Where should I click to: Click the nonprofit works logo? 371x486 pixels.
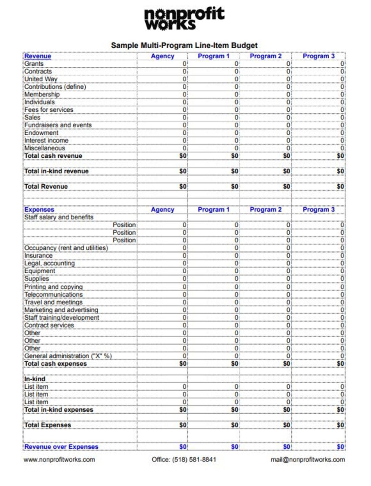point(184,19)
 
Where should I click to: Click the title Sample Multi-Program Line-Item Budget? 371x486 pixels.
point(184,45)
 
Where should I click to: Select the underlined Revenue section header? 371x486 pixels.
point(38,56)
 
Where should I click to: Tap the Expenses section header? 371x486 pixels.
point(39,210)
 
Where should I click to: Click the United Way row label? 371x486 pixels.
point(41,79)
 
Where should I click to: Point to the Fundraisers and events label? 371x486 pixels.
point(58,125)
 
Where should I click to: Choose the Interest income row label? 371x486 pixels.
point(46,141)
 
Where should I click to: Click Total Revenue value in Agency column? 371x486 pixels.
point(183,187)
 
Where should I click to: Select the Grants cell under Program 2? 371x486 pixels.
point(288,64)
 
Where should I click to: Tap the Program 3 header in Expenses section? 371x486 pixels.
point(318,210)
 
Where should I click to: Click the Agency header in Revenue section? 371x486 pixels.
point(163,56)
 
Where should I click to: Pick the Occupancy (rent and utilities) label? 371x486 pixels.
point(66,248)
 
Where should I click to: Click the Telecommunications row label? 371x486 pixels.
point(53,295)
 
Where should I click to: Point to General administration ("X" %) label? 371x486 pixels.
point(68,356)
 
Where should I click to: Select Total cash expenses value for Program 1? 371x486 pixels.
point(235,364)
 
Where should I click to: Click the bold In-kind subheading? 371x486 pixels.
point(35,379)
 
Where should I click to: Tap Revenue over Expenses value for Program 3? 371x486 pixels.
point(340,447)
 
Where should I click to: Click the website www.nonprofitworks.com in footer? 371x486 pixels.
point(59,460)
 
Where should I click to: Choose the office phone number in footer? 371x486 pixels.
point(184,460)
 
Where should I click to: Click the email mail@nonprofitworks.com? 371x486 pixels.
point(308,460)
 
